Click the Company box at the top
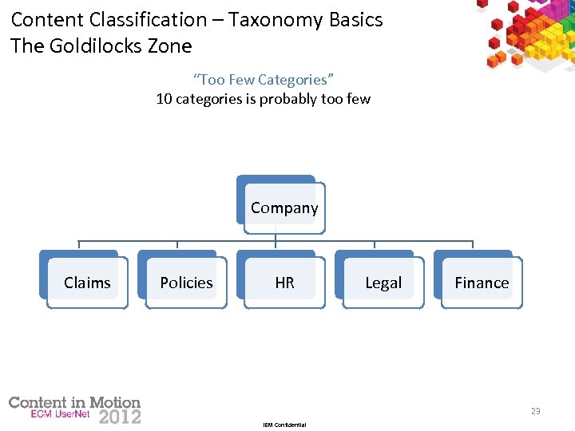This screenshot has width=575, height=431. click(x=284, y=208)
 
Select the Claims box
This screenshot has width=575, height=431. click(x=87, y=283)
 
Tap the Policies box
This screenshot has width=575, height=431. click(x=186, y=283)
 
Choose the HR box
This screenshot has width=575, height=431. click(x=284, y=283)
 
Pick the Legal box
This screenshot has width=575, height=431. click(x=383, y=283)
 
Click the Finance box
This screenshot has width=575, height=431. click(x=482, y=283)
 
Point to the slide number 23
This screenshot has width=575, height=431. click(x=535, y=411)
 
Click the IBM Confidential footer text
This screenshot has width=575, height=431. click(x=284, y=425)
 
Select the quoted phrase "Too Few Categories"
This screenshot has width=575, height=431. click(x=264, y=79)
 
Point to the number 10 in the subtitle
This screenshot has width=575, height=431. click(x=164, y=99)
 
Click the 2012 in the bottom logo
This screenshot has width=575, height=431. click(x=120, y=417)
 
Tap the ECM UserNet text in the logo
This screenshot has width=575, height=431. click(x=64, y=415)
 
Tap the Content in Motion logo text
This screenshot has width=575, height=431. click(x=74, y=402)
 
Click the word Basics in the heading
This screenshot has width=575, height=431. click(x=356, y=19)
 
